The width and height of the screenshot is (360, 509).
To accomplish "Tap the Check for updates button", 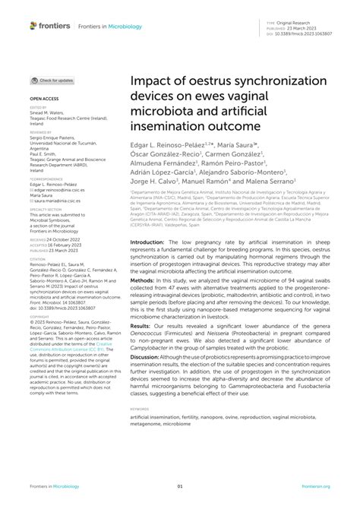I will (52, 80).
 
